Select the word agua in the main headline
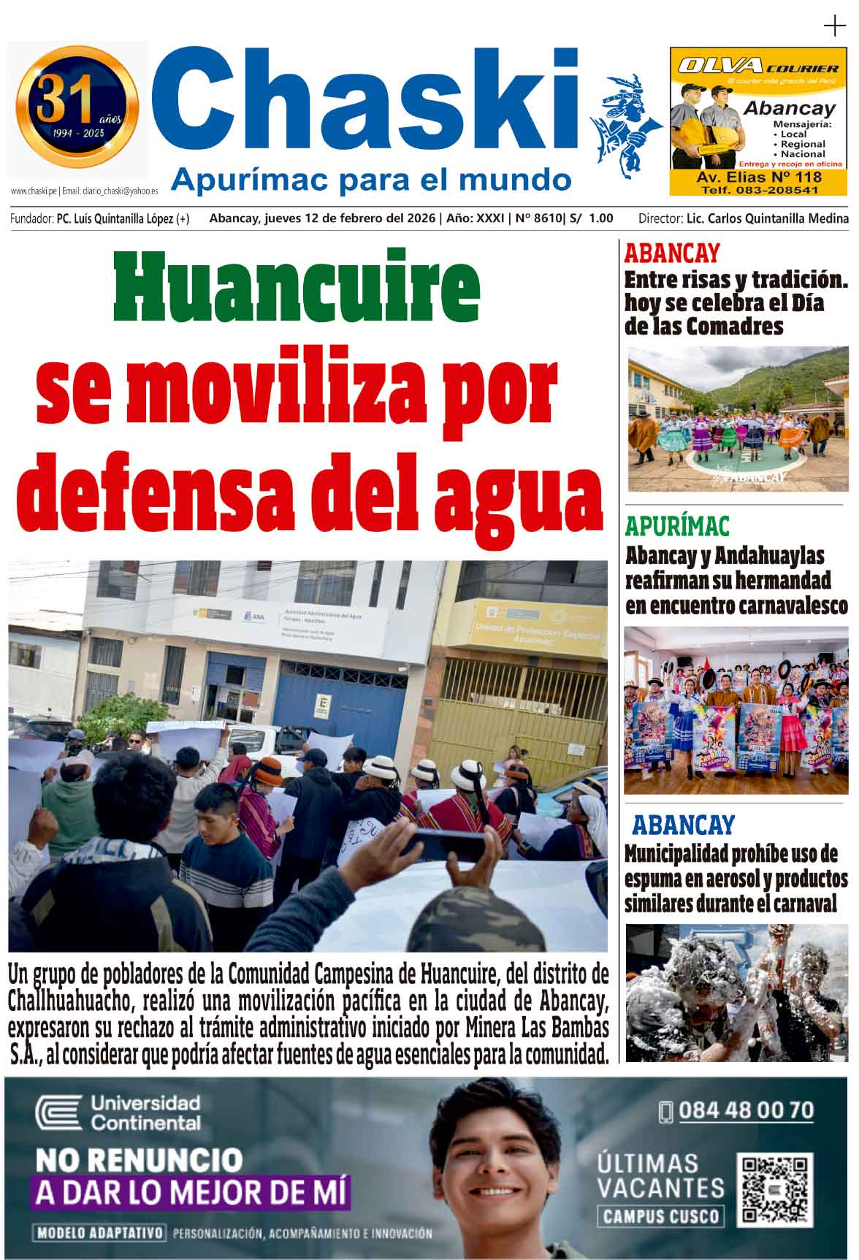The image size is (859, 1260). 519,494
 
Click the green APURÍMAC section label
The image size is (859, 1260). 676,527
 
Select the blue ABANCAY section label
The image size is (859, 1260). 682,825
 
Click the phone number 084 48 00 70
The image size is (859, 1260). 745,1111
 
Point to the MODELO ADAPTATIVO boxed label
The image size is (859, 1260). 99,1234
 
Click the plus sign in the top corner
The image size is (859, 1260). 833,27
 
